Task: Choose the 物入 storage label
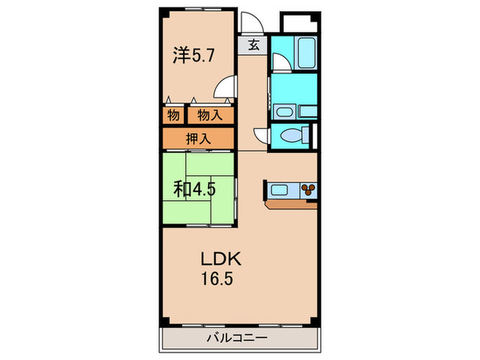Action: [x=210, y=115]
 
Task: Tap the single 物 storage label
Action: [x=172, y=115]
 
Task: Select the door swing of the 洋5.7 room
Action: [x=223, y=88]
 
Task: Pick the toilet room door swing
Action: [x=261, y=136]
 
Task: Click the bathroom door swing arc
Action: [x=280, y=62]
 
